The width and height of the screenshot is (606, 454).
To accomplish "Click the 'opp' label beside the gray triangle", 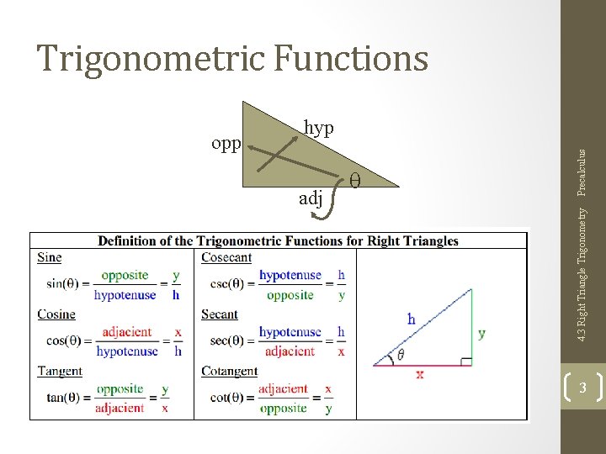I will point(226,144).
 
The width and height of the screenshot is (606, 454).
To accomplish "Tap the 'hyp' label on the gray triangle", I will point(318,127).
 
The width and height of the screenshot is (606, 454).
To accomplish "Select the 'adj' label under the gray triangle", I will point(311,198).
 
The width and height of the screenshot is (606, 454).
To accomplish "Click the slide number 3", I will point(582,388).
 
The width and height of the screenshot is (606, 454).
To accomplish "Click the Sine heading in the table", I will point(50,257).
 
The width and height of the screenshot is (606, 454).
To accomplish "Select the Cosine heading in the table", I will point(56,314).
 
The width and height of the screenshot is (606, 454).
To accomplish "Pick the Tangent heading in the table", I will point(60,371).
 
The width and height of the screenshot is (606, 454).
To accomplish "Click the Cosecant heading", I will point(226,257).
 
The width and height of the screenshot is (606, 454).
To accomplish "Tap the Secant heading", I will point(220,314).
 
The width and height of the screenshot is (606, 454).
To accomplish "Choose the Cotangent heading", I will point(229,371).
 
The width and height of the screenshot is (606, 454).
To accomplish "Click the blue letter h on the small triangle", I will point(411,319).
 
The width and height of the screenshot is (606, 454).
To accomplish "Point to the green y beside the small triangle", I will point(481,333).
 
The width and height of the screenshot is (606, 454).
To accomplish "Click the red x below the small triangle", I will point(419,374).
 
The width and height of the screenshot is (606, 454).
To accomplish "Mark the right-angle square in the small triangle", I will point(466,362).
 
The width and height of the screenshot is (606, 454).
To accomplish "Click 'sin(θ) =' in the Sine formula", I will point(66,284).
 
